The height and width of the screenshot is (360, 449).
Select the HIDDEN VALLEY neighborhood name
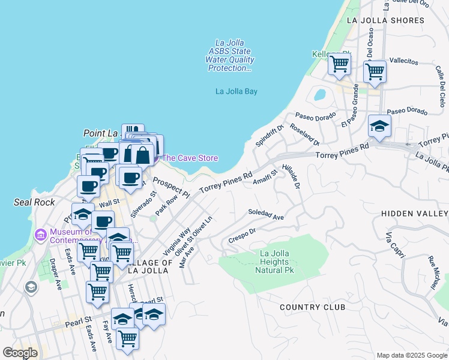click(x=414, y=214)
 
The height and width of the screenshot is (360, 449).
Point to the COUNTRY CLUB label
click(x=312, y=307)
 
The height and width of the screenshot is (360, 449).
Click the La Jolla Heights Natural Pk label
click(x=275, y=262)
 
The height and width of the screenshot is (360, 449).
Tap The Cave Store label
click(x=190, y=158)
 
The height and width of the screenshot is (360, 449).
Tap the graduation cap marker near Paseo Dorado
click(x=379, y=125)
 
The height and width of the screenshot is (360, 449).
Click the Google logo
click(x=20, y=353)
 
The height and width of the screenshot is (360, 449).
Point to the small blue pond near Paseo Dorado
click(x=319, y=95)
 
